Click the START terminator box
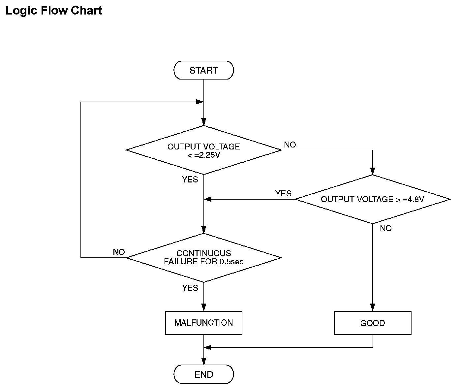coord(204,70)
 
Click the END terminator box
coord(204,374)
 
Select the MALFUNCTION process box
coord(204,323)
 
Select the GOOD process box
coord(373,323)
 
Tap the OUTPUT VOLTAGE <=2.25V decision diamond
coord(204,150)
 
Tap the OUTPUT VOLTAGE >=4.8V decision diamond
coord(373,199)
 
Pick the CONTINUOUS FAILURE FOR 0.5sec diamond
coord(204,258)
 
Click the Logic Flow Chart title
coord(54,11)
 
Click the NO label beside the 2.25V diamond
coord(290,145)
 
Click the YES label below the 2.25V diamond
coord(190,179)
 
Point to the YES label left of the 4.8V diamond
coord(283,193)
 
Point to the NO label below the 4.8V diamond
coord(386,228)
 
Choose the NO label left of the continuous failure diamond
coord(119,252)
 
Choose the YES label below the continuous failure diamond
coord(190,288)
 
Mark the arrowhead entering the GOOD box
coord(373,307)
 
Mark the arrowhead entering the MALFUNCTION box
coord(204,307)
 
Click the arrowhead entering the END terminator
coord(204,361)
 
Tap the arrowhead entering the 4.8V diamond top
coord(373,171)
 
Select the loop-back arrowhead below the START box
coord(200,102)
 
